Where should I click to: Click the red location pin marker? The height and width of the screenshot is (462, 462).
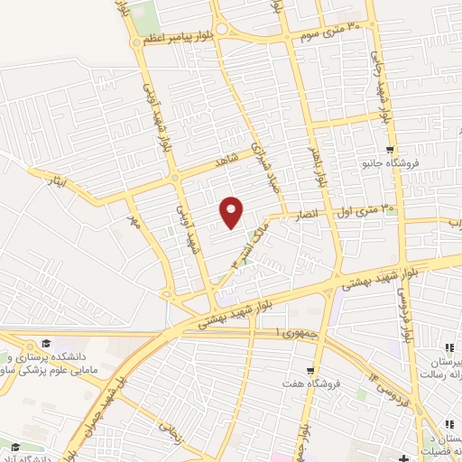pos(232,211)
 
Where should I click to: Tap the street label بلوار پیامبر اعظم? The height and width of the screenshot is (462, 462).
pos(185,38)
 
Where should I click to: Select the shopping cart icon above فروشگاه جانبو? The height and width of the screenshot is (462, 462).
pos(389,150)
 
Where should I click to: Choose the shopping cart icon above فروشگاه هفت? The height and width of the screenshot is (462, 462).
pos(310,370)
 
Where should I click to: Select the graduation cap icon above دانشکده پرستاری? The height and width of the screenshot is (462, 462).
pos(44,343)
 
